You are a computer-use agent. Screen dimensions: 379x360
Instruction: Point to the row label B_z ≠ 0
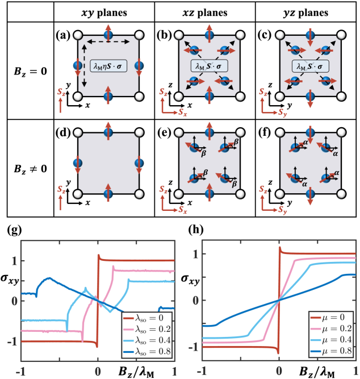pos(27,169)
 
